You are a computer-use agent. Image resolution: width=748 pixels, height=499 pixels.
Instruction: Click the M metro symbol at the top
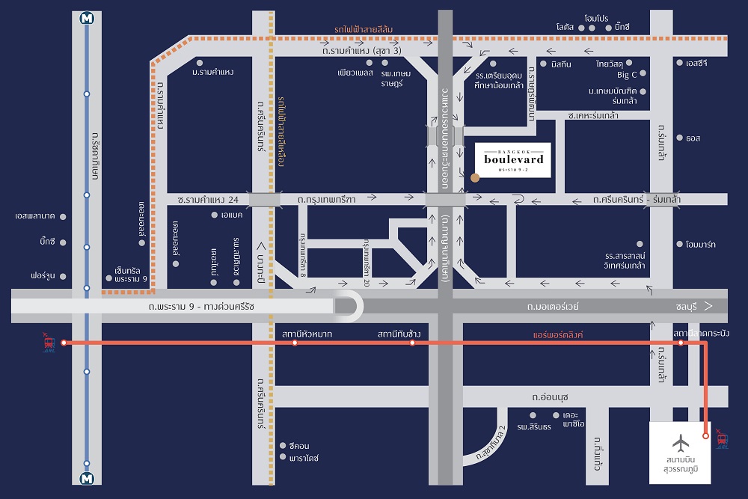pos(87,20)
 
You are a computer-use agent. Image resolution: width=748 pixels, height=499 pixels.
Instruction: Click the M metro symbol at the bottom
pos(87,478)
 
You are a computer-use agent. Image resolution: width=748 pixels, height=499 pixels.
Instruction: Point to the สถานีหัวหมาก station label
pos(307,334)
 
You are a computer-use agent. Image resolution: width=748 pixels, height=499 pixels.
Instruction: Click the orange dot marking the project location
pos(475,178)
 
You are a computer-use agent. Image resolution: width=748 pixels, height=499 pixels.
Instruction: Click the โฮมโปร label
pos(598,16)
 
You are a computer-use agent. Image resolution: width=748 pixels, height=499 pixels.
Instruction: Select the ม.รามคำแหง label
pos(213,72)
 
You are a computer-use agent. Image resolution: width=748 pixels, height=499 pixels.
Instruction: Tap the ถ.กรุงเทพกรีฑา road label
pos(326,200)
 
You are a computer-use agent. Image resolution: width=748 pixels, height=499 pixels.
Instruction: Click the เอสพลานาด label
pos(35,216)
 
